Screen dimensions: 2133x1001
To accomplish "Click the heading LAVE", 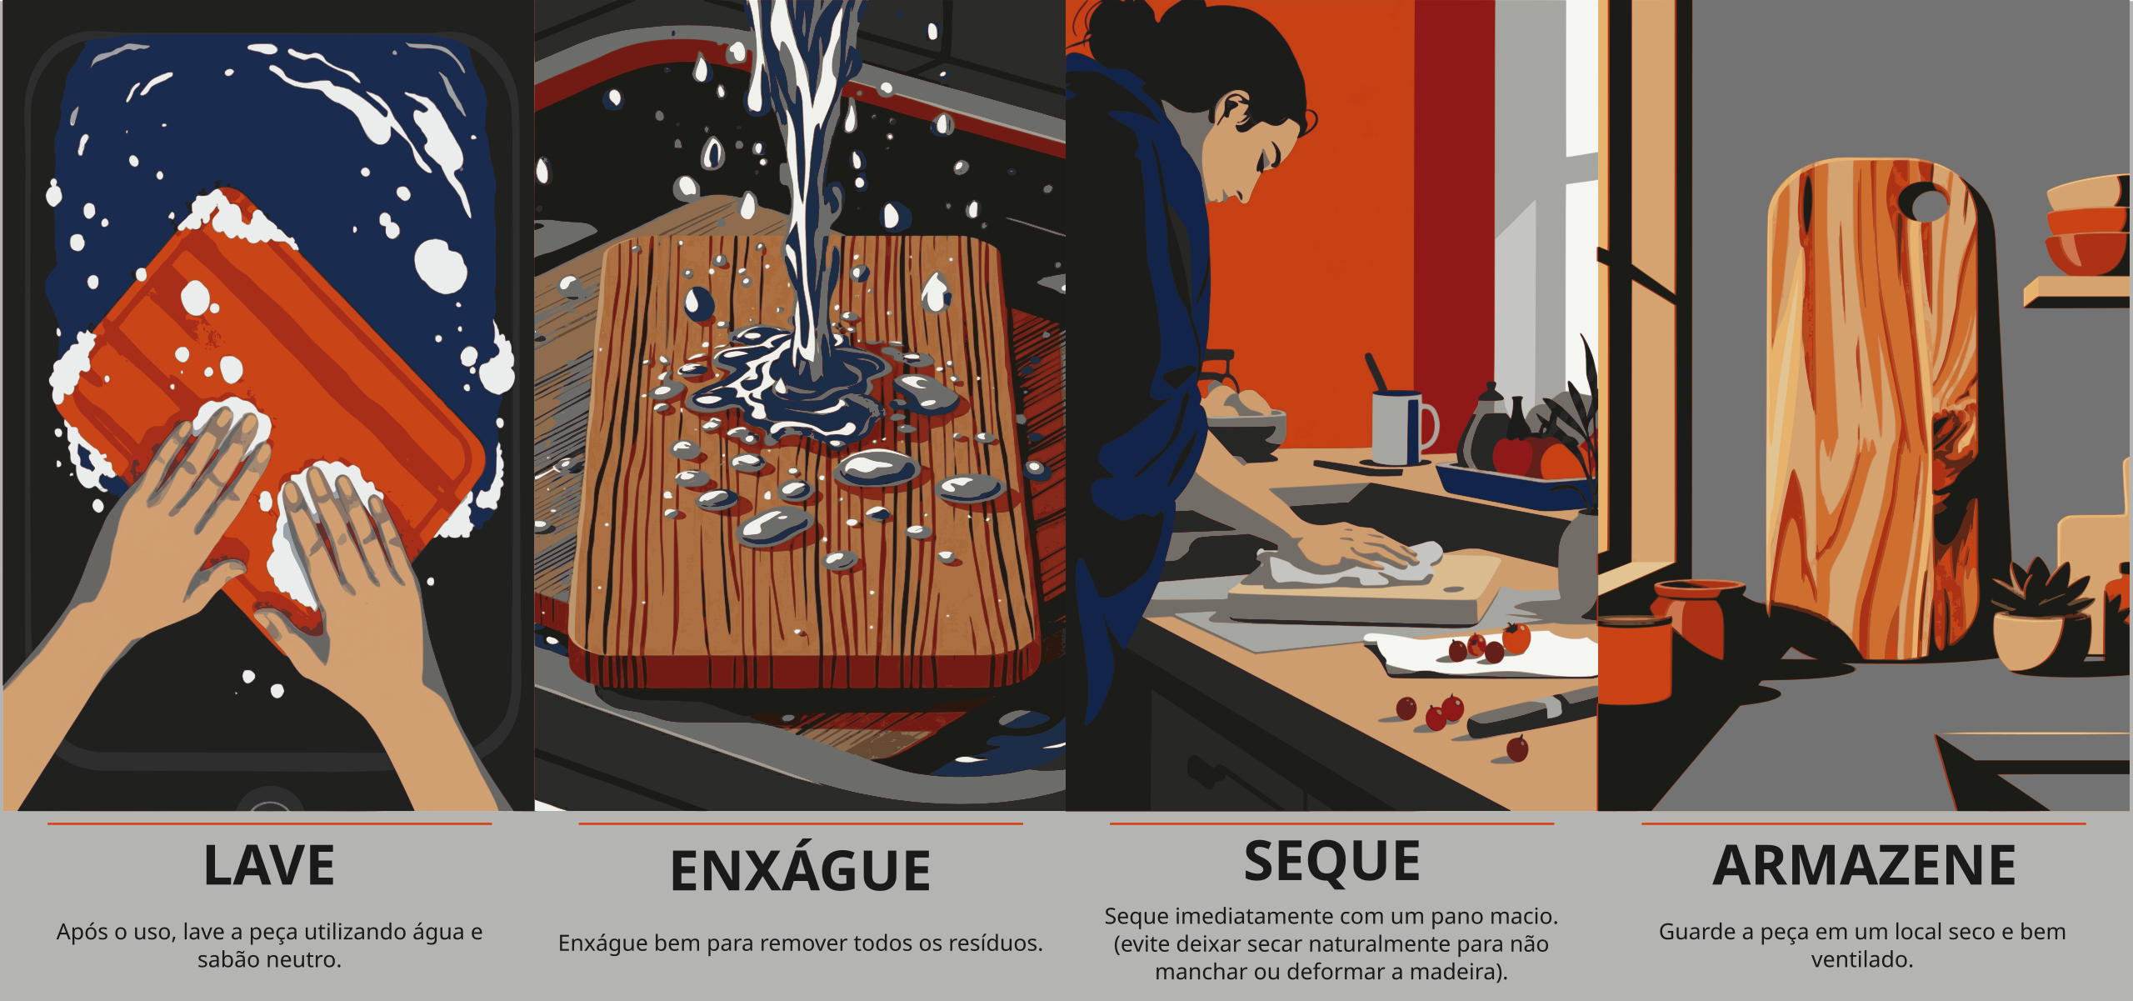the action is [x=269, y=866].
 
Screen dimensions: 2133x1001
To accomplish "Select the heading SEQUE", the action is [x=1331, y=861].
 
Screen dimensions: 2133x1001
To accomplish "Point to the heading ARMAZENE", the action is [x=1864, y=866].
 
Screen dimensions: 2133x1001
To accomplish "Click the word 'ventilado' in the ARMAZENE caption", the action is [x=1857, y=960].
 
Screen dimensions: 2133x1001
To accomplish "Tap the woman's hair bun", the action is [x=1121, y=24].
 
